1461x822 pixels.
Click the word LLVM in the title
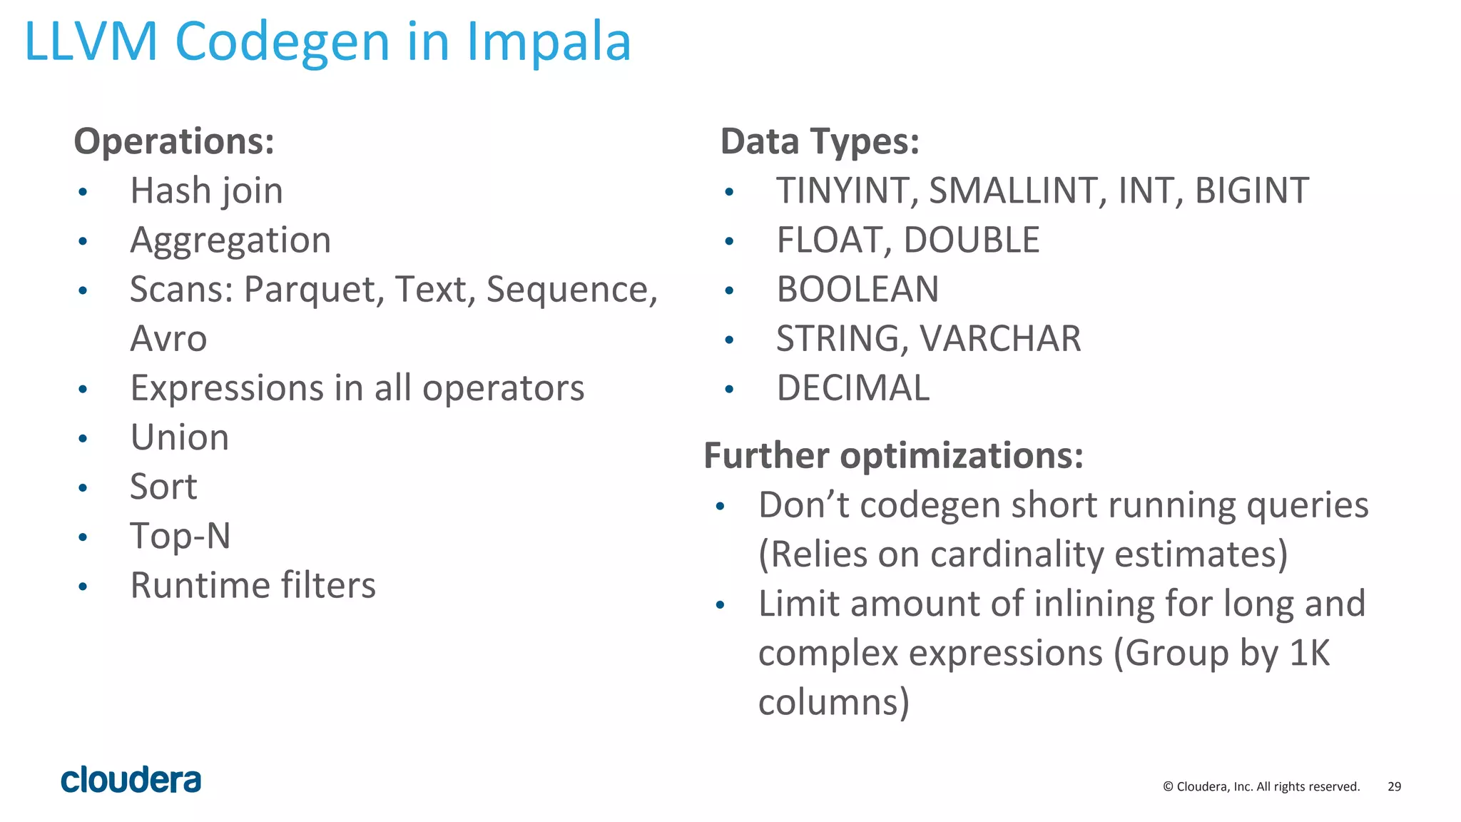point(91,41)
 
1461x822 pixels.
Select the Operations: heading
point(174,141)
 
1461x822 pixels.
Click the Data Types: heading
point(820,141)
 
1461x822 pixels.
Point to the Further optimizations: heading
point(893,455)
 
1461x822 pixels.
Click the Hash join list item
point(206,191)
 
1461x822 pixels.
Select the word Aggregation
point(230,240)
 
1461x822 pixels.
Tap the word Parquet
point(314,290)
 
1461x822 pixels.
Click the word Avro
point(168,339)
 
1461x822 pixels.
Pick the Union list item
point(180,437)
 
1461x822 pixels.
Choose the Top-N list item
point(180,536)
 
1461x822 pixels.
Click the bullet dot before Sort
point(83,488)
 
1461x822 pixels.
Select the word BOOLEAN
point(857,290)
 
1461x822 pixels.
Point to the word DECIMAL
point(853,388)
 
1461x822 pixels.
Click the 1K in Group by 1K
point(1310,653)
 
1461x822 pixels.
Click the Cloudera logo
point(131,780)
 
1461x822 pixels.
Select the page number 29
point(1394,786)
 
